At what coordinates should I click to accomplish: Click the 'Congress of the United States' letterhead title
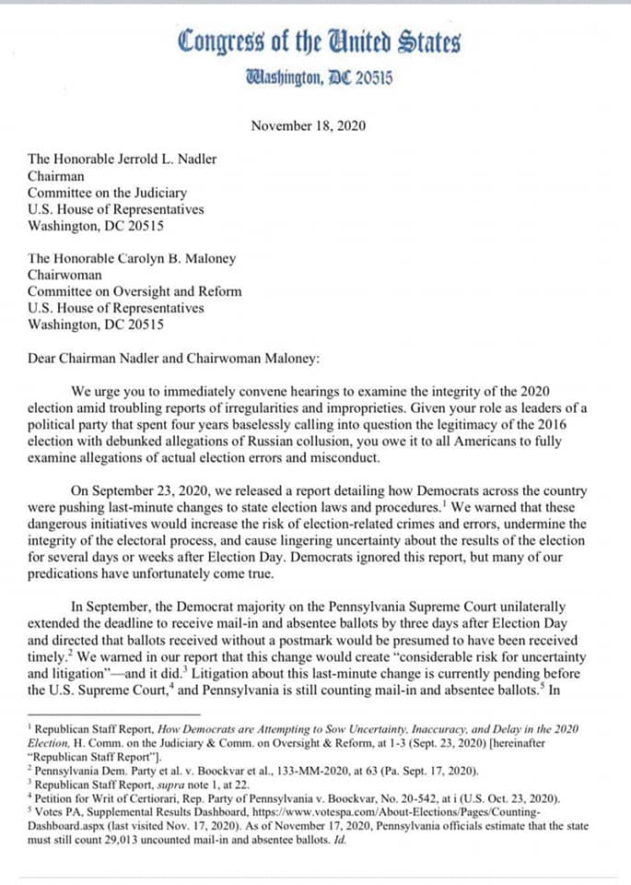[x=320, y=42]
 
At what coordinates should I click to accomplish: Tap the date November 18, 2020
[x=308, y=126]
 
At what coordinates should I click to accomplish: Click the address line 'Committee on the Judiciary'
[x=108, y=193]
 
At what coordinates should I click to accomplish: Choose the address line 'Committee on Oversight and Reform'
[x=135, y=291]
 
